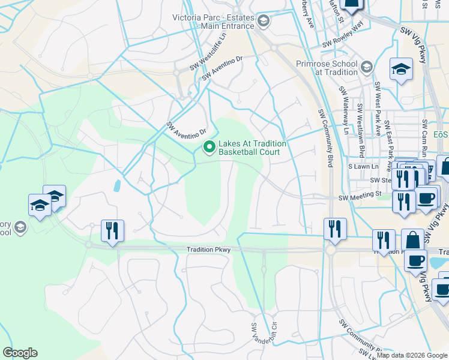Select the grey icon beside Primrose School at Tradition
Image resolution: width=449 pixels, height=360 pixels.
pyautogui.click(x=367, y=67)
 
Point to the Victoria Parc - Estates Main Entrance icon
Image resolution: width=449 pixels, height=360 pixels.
pyautogui.click(x=263, y=22)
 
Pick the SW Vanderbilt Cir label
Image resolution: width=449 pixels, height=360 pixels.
pyautogui.click(x=254, y=337)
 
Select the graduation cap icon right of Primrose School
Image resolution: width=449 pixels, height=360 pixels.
pyautogui.click(x=400, y=69)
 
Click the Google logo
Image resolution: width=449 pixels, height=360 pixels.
pyautogui.click(x=20, y=353)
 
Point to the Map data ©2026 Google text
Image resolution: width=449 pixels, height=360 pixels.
pyautogui.click(x=412, y=355)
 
